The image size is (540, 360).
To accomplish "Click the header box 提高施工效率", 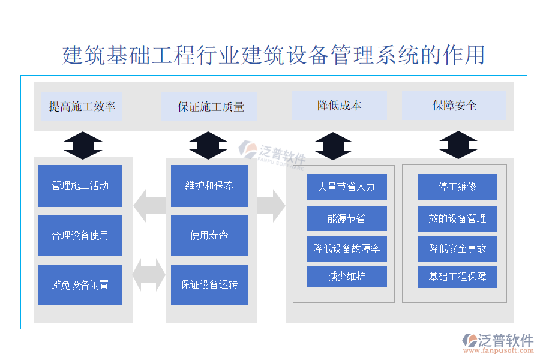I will [82, 107].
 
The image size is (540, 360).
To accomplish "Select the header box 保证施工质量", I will [211, 107].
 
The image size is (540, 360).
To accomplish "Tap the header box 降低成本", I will [339, 106].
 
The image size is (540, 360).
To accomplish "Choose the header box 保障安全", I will [454, 106].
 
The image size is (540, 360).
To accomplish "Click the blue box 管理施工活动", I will [80, 186].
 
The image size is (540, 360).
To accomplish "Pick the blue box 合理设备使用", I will [80, 236].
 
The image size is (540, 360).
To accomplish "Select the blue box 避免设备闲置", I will [80, 285].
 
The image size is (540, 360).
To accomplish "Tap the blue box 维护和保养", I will [209, 186].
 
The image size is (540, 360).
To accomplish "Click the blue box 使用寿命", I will [209, 236].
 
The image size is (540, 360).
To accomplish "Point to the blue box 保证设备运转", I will [209, 285].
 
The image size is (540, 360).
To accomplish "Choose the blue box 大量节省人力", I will [346, 187].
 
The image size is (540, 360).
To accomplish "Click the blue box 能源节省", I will [346, 218].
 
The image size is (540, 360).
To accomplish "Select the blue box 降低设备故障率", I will [346, 248].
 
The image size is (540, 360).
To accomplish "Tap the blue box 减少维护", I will [346, 277].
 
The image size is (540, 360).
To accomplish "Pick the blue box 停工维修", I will [457, 187].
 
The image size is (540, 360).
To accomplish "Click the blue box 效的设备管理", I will [457, 218].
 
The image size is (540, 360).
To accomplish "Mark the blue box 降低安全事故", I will [457, 248].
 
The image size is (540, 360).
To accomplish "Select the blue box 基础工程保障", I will [457, 277].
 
